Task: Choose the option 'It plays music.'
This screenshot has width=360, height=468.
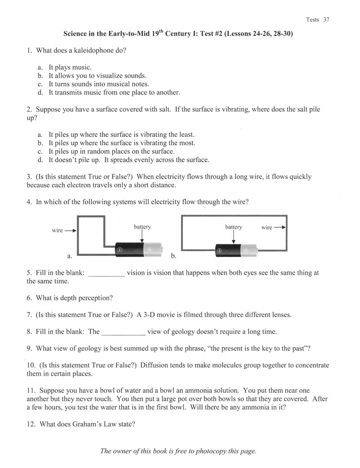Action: pos(70,67)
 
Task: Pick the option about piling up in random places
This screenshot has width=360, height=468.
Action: pos(111,151)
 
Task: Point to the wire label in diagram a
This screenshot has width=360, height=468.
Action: pos(58,230)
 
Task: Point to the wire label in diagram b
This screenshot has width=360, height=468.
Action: pos(267,227)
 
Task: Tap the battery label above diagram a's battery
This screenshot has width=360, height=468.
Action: pos(142,227)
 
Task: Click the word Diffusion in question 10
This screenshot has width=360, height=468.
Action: pos(156,365)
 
